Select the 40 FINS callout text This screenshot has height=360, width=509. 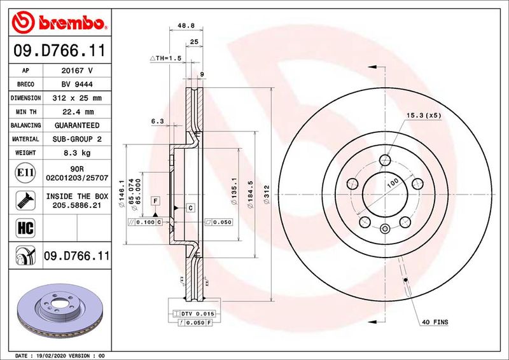pos(435,322)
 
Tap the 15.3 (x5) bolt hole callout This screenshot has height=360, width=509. pos(424,115)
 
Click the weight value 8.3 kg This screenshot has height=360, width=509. pos(76,153)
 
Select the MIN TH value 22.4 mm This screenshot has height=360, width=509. pos(76,112)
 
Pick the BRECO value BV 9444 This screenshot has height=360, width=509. pos(76,85)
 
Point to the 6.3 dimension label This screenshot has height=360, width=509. pos(157,121)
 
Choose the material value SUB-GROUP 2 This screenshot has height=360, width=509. pos(76,139)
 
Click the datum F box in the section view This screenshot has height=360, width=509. pos(155,201)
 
